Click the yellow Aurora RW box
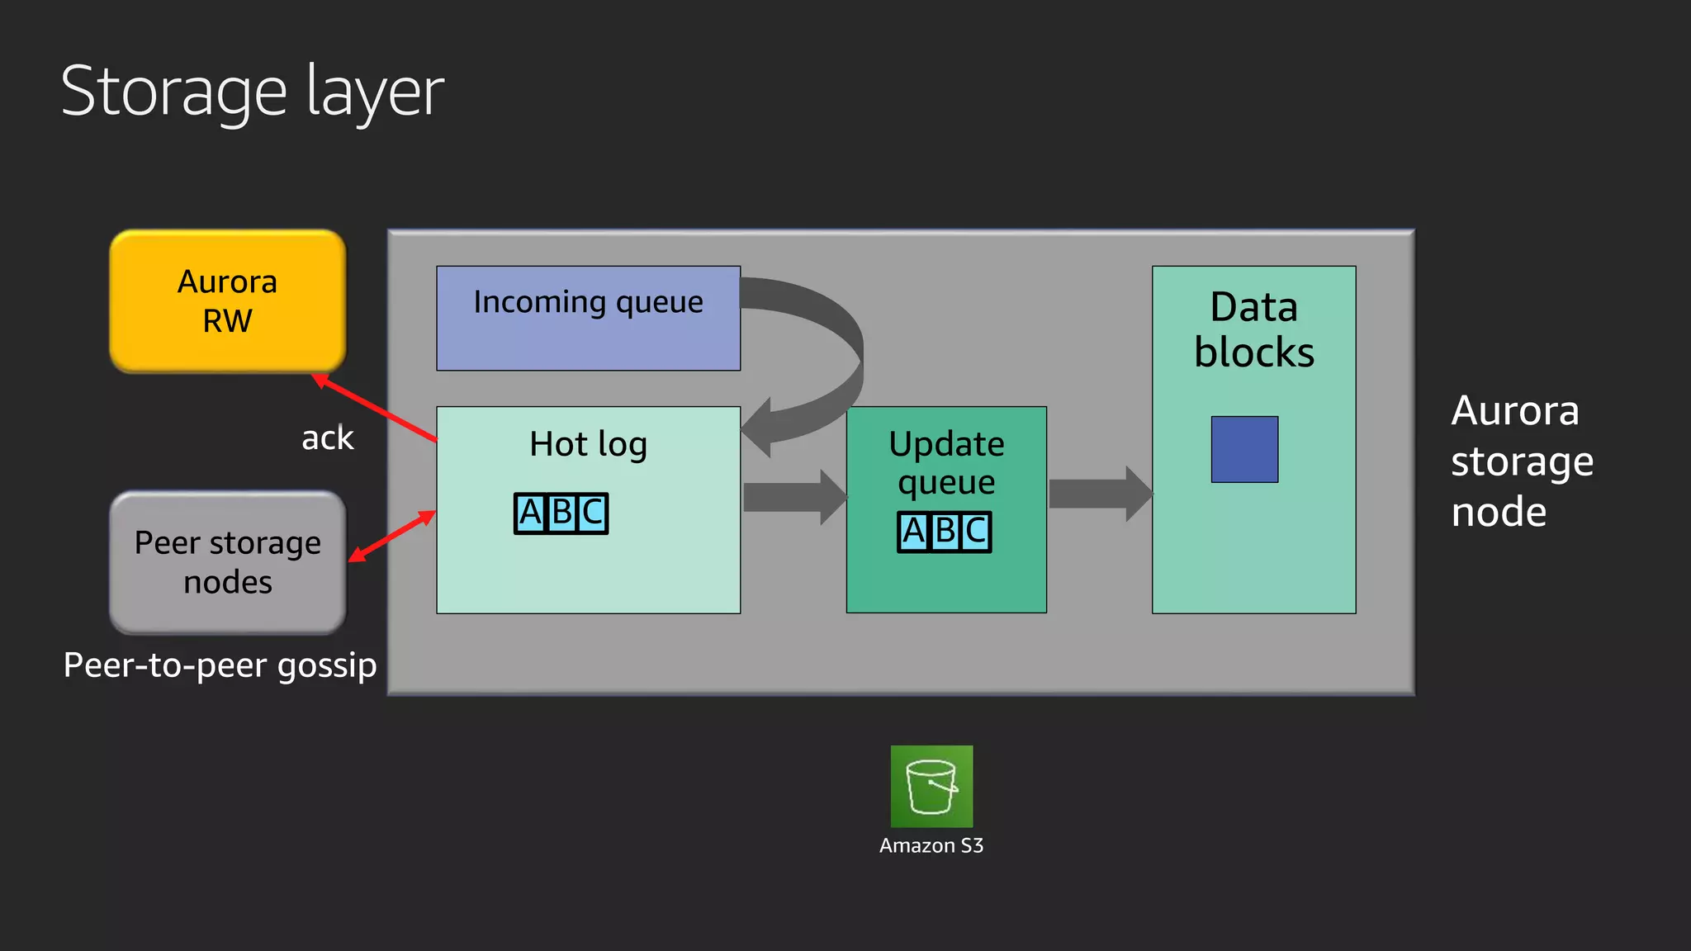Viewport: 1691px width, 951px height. (x=227, y=300)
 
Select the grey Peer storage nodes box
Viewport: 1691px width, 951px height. (x=227, y=562)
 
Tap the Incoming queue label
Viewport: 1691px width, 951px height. (x=588, y=303)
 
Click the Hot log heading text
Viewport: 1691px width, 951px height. (x=588, y=444)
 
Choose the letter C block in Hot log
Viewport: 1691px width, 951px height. (x=592, y=513)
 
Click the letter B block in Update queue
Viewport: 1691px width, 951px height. (x=945, y=532)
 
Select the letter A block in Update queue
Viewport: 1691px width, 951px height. (x=914, y=532)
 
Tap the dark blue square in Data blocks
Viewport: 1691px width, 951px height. (x=1244, y=449)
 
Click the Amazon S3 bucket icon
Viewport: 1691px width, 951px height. (x=931, y=786)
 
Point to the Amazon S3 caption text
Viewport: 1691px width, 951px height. (x=931, y=846)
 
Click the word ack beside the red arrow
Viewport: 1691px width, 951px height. (x=327, y=438)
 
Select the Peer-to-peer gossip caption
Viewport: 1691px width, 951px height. (x=220, y=665)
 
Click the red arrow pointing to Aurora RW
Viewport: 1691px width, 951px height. (x=376, y=409)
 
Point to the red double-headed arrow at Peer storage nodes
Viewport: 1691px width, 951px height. (x=392, y=536)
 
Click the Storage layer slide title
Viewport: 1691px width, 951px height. (x=253, y=92)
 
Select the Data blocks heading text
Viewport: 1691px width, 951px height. (x=1253, y=330)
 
